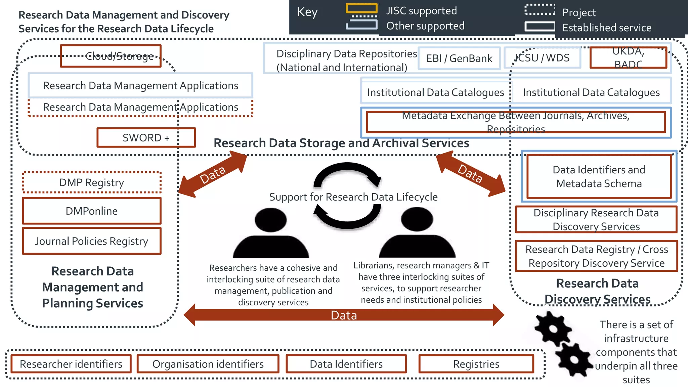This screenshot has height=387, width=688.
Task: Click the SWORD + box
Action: tap(146, 137)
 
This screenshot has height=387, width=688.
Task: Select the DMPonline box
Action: tap(92, 211)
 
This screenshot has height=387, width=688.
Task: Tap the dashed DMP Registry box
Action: tap(92, 182)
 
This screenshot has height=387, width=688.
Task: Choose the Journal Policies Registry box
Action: tap(92, 241)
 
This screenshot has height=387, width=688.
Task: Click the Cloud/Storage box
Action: tap(111, 56)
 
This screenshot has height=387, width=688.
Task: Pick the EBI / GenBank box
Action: tap(459, 58)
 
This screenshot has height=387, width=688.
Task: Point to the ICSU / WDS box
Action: tap(542, 58)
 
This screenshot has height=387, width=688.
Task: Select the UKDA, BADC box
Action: tap(628, 58)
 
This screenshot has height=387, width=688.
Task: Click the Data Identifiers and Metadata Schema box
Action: tap(599, 176)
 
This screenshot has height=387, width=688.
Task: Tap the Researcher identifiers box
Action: tap(71, 364)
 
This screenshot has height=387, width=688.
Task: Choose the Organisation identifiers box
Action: tap(208, 364)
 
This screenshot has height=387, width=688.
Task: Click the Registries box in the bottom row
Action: tap(476, 364)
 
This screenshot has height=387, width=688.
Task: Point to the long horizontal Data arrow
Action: tap(344, 315)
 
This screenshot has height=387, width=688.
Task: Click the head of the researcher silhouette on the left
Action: tap(270, 220)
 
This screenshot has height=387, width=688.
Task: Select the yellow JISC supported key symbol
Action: tap(361, 8)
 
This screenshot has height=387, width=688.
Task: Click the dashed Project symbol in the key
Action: tap(540, 10)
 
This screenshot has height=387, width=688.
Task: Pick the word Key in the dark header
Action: tap(307, 12)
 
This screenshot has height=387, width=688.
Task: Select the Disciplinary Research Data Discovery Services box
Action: tap(596, 220)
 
